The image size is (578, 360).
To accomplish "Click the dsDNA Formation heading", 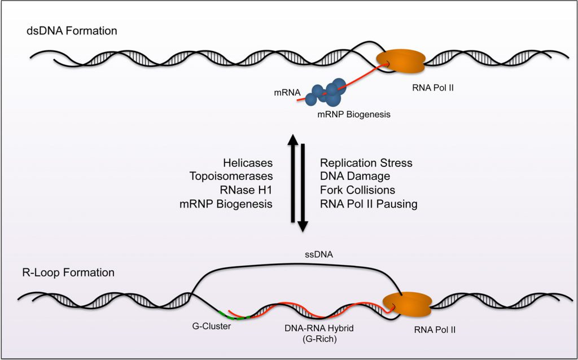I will coord(72,31).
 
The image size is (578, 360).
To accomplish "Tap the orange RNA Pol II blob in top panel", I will coord(401,60).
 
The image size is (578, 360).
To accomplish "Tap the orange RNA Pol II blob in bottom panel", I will coord(407,304).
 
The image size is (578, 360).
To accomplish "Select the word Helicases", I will coord(247,163).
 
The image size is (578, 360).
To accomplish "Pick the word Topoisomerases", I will coord(231,177).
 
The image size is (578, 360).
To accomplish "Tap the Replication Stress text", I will coord(366,163).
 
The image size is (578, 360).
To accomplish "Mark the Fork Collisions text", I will coord(358,190).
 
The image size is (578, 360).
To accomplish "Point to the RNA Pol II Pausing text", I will coord(369,204).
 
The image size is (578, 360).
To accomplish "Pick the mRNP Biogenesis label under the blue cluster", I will coord(353,114).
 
